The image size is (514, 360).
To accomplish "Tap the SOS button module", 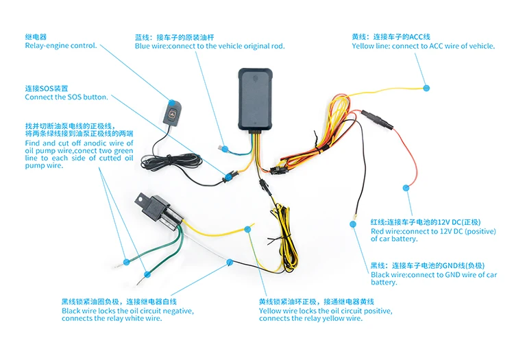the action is coord(174,111).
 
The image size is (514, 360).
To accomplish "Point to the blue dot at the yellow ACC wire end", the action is coord(426,88).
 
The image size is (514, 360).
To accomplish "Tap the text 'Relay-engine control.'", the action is coord(60,46).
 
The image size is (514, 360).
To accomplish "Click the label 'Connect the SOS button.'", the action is coord(66,97).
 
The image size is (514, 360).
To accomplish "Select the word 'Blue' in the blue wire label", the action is coord(143,46).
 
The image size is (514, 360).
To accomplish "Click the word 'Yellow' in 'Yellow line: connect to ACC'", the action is coord(363,46).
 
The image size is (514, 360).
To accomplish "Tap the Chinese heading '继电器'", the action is coord(35,37).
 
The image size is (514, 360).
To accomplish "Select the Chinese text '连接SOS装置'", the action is coord(47,88).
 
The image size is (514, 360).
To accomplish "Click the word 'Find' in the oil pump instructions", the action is coord(33,143).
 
